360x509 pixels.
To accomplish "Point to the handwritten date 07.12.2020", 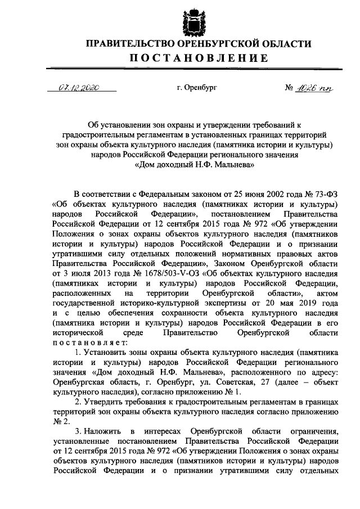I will point(79,88).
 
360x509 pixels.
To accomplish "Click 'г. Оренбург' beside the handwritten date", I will point(196,88).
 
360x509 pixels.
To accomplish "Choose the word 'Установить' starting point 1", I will point(105,353).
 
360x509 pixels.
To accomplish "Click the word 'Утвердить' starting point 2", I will point(103,403).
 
